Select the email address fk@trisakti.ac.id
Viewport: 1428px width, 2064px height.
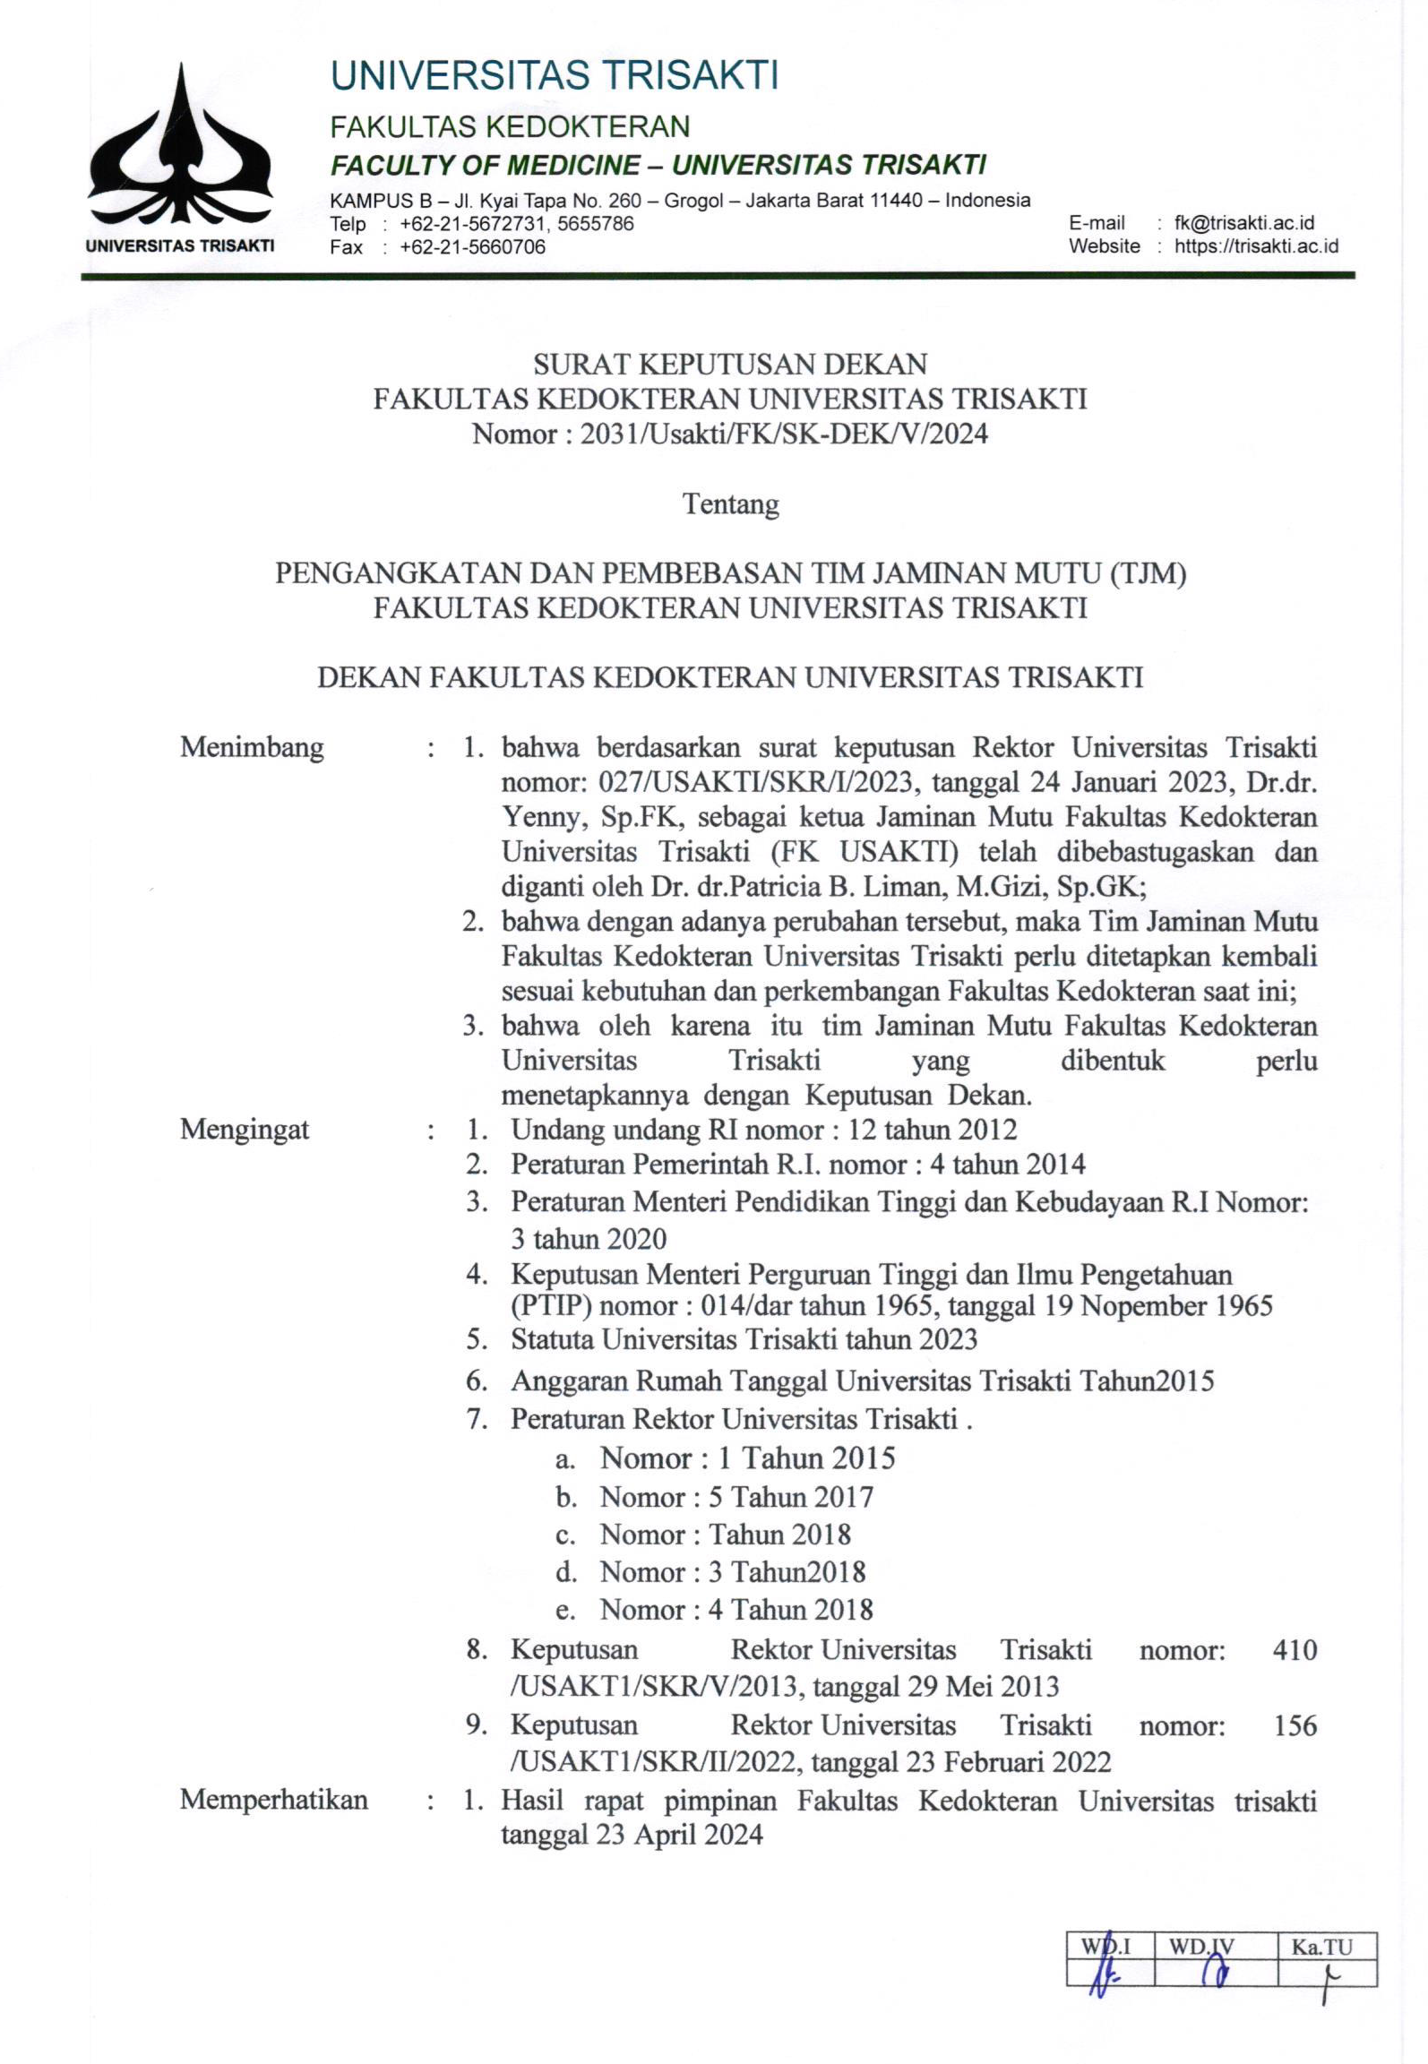[x=1243, y=223]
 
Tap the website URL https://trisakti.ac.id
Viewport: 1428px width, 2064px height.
[x=1256, y=246]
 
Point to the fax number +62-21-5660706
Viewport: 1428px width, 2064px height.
[x=472, y=247]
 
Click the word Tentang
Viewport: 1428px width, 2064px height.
[x=731, y=504]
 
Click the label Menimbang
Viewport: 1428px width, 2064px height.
[x=252, y=747]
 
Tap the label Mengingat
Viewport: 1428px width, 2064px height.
[x=245, y=1130]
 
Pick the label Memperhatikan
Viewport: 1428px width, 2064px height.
[x=273, y=1800]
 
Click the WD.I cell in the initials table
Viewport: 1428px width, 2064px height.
[x=1108, y=1947]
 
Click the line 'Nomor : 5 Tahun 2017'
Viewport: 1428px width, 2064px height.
[x=736, y=1497]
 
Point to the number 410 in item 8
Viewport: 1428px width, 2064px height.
[x=1295, y=1649]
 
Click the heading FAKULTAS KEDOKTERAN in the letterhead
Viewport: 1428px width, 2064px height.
[x=510, y=126]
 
